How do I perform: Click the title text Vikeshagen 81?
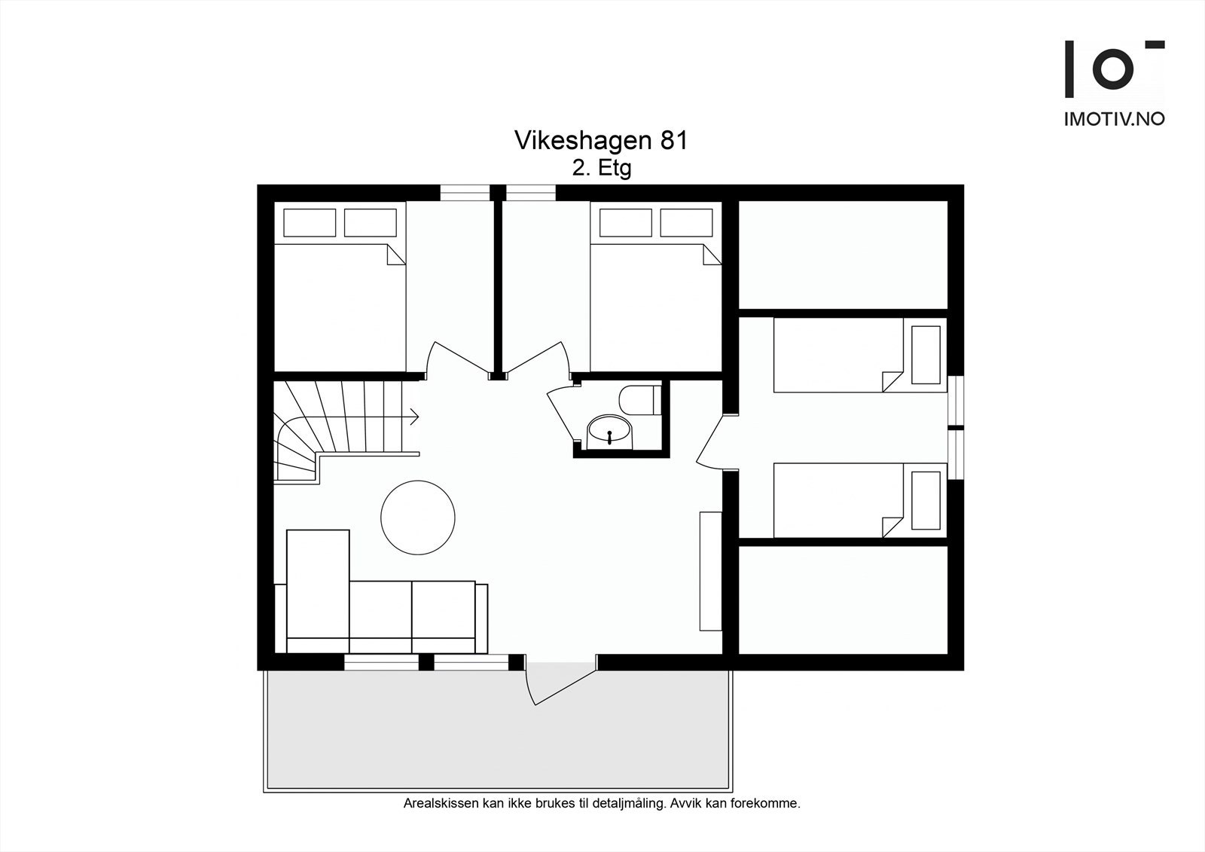click(600, 141)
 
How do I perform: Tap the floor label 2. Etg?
click(601, 168)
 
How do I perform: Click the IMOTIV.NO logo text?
click(1114, 119)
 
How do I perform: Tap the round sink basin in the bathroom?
click(609, 432)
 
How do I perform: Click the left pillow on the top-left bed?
click(310, 223)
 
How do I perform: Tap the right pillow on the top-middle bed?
click(686, 223)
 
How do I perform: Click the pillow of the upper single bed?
click(926, 354)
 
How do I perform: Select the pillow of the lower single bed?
click(926, 500)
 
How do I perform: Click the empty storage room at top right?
click(842, 254)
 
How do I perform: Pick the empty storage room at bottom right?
click(842, 600)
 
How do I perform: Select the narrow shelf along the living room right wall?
click(710, 570)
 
